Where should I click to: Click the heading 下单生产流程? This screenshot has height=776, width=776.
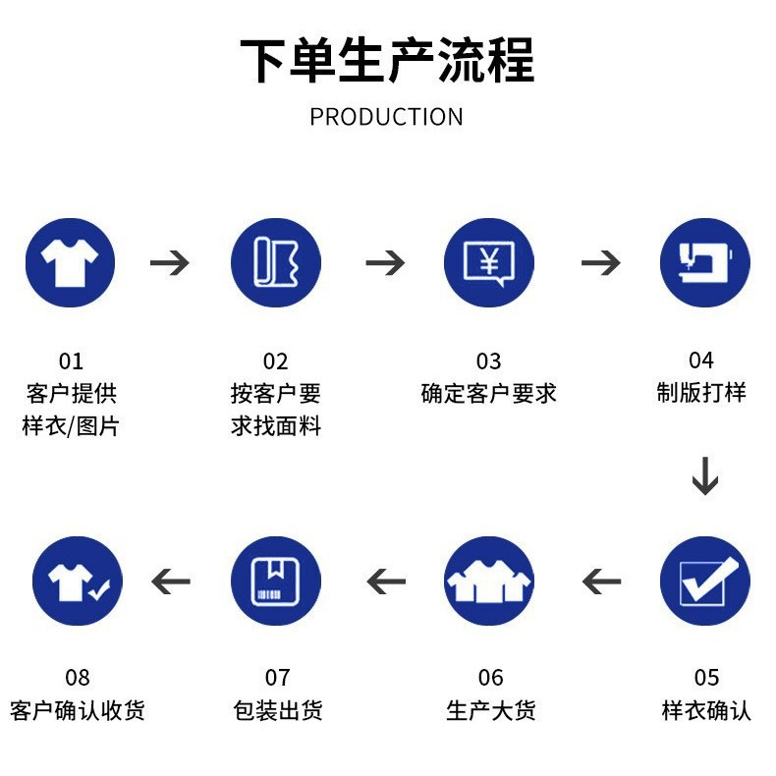pyautogui.click(x=387, y=60)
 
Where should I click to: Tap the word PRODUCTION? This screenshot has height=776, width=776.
pyautogui.click(x=386, y=117)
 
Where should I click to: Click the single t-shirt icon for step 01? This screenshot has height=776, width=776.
pyautogui.click(x=70, y=263)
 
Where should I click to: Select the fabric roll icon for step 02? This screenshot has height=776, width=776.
pyautogui.click(x=276, y=263)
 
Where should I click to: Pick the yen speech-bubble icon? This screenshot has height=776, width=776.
pyautogui.click(x=488, y=263)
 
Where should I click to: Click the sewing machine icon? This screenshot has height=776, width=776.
pyautogui.click(x=704, y=263)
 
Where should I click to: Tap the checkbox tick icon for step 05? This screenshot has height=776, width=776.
pyautogui.click(x=704, y=581)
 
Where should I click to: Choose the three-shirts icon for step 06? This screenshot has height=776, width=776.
pyautogui.click(x=488, y=581)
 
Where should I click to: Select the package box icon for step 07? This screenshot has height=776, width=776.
pyautogui.click(x=276, y=581)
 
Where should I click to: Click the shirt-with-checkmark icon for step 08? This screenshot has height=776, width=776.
pyautogui.click(x=78, y=581)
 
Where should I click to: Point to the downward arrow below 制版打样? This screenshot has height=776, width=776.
pyautogui.click(x=704, y=475)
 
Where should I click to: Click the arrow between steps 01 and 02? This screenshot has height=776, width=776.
pyautogui.click(x=170, y=263)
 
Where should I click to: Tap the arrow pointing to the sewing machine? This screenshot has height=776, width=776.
pyautogui.click(x=601, y=263)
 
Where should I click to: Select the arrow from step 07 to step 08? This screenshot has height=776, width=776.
pyautogui.click(x=170, y=582)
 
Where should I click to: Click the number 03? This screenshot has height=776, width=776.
pyautogui.click(x=488, y=361)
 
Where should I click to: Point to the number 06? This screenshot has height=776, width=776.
pyautogui.click(x=490, y=678)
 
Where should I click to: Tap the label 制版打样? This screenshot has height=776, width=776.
pyautogui.click(x=701, y=393)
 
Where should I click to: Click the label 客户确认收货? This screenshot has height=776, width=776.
pyautogui.click(x=78, y=710)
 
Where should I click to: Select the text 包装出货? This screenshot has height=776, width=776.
pyautogui.click(x=278, y=710)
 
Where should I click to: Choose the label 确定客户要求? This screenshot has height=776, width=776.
pyautogui.click(x=488, y=393)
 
